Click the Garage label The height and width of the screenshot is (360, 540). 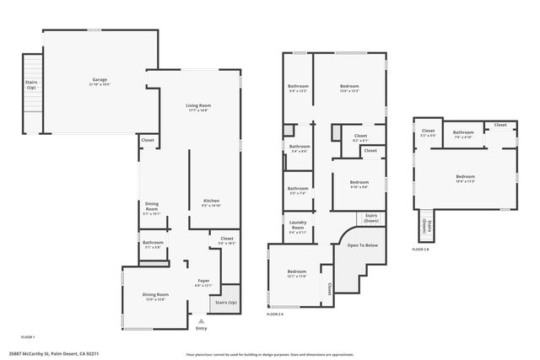tap(100, 80)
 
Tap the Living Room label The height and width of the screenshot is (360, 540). tap(198, 105)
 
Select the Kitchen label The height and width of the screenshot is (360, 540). tap(211, 201)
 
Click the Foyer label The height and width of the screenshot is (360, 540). tap(203, 281)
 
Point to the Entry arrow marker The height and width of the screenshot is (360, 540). tap(201, 321)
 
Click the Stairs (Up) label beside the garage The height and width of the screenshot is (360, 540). tap(31, 84)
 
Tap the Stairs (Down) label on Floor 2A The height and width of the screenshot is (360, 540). tap(370, 218)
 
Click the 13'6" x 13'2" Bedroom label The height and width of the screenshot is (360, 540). tap(349, 86)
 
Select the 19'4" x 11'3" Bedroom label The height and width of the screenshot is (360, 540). tap(466, 176)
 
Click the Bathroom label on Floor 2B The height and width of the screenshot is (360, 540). tap(463, 132)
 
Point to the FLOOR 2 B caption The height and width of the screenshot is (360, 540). tap(420, 249)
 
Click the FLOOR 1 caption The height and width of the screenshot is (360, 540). tap(29, 336)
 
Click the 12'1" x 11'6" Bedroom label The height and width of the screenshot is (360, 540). tap(297, 271)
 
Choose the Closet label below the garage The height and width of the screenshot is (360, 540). tap(148, 140)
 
